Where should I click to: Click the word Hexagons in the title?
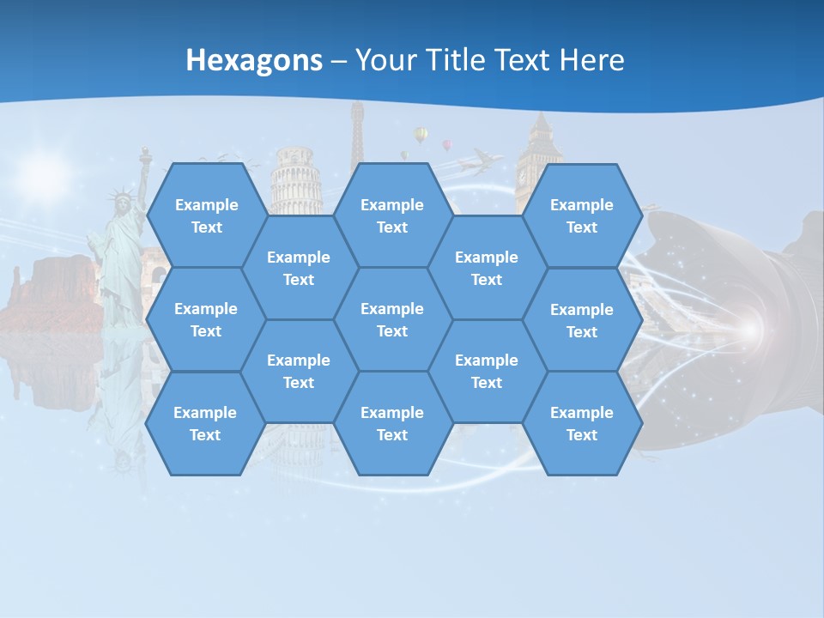coord(254,60)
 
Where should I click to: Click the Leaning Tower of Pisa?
coord(296,180)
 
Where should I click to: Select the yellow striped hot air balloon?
coord(421,134)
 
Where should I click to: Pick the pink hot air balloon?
coord(446,144)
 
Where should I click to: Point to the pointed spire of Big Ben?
coord(540,120)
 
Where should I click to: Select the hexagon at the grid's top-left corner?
coord(206,215)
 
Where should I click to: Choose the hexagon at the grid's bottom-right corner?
coord(582,423)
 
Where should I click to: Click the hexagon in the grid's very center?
coord(392,319)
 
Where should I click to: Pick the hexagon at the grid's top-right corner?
coord(582,215)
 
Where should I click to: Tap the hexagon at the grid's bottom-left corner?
coord(205,423)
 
